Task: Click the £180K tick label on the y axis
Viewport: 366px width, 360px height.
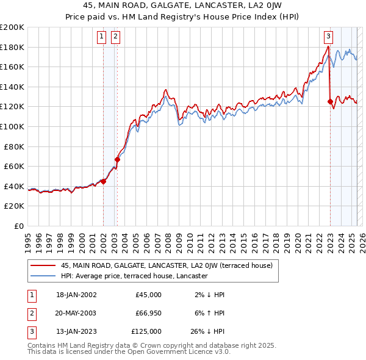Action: [x=12, y=47]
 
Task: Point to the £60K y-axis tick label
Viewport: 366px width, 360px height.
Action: [x=14, y=166]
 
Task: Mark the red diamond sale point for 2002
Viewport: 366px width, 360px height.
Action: [x=104, y=181]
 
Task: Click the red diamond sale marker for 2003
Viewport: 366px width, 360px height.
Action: [x=117, y=159]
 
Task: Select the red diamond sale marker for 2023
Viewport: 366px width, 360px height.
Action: [x=330, y=101]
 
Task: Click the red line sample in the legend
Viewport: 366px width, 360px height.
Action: [x=43, y=265]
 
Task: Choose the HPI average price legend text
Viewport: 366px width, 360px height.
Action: [x=134, y=276]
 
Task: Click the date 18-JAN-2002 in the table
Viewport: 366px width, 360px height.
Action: [x=76, y=295]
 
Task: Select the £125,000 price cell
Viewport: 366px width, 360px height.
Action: [x=146, y=331]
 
